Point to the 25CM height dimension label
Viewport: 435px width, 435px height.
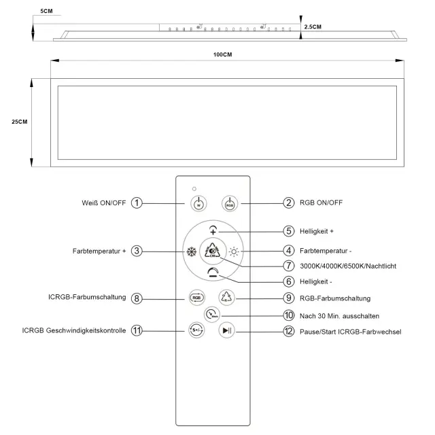click(x=19, y=122)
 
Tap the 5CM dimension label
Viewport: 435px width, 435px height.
click(x=46, y=12)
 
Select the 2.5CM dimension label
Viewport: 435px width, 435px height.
click(x=313, y=27)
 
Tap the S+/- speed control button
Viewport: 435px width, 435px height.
click(x=196, y=331)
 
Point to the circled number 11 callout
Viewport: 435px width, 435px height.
click(x=137, y=331)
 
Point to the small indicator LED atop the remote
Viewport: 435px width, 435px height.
click(x=194, y=188)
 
